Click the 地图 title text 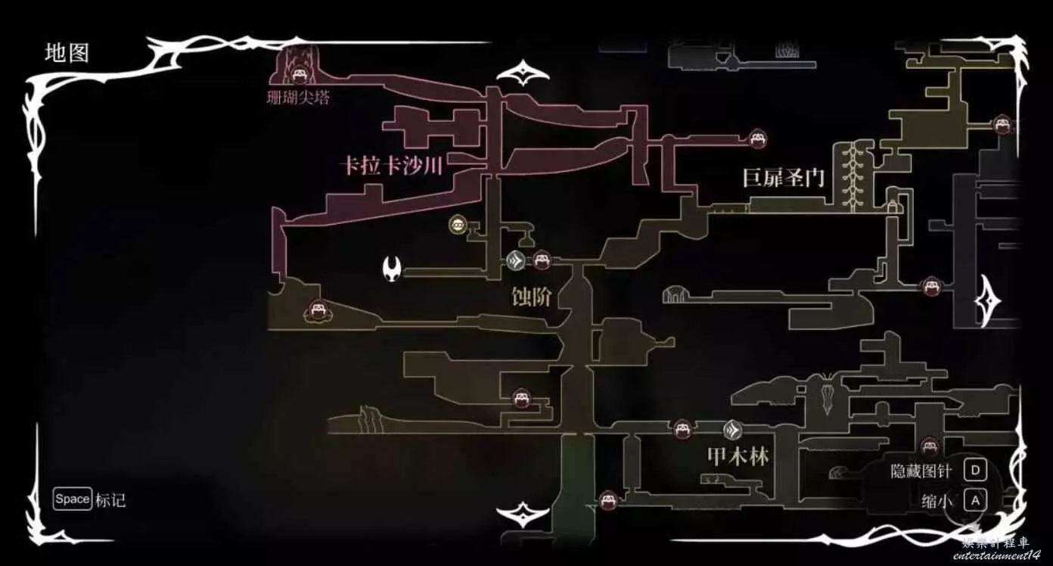[67, 53]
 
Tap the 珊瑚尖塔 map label [299, 98]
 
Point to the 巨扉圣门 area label [783, 179]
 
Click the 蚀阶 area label [531, 297]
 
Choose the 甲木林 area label [738, 456]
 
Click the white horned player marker [393, 267]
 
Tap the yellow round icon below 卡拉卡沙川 [458, 224]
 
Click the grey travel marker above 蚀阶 [516, 261]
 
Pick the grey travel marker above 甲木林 [732, 431]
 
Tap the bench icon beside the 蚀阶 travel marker [541, 261]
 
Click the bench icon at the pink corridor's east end [757, 139]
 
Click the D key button [975, 471]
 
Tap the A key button [975, 500]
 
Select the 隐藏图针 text [921, 471]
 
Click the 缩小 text [937, 501]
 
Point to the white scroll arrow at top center [523, 74]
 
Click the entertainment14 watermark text [996, 555]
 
